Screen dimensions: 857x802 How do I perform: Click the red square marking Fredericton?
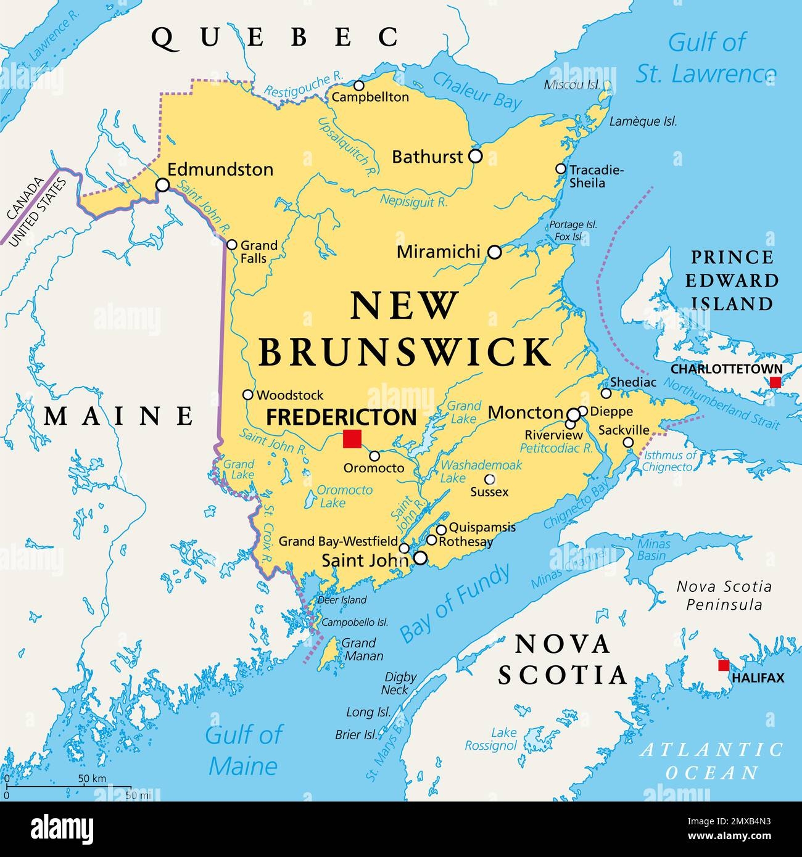tap(352, 438)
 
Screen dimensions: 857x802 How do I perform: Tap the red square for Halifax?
tap(723, 665)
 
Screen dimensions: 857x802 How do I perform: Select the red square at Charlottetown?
tap(775, 382)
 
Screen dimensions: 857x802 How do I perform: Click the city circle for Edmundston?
tap(162, 184)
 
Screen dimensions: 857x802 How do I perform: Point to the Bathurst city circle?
tap(475, 156)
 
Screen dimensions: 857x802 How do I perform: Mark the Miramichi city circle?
tap(495, 252)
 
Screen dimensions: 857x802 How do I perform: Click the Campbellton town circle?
tap(358, 86)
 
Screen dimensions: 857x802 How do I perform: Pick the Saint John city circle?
tap(420, 558)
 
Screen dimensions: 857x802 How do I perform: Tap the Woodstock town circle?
tap(248, 395)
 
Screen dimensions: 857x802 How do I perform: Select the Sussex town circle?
tap(489, 479)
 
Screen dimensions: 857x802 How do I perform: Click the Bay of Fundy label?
tap(455, 602)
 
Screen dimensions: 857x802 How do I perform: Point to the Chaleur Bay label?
tap(477, 90)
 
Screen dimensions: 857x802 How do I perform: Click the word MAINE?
tap(118, 416)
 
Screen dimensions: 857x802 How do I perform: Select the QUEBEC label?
tap(275, 38)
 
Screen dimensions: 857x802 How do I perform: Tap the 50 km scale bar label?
tap(93, 779)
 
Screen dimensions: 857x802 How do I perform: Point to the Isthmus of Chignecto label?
tap(669, 461)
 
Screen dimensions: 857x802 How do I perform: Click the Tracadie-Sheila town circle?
tap(560, 169)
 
